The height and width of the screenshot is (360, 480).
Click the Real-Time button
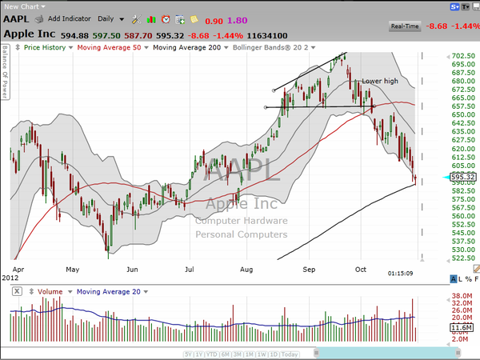405,26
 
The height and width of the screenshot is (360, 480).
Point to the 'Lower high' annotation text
380,81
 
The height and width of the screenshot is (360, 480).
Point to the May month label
73,270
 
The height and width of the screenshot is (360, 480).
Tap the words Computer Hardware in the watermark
241,221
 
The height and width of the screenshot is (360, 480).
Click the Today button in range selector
290,354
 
